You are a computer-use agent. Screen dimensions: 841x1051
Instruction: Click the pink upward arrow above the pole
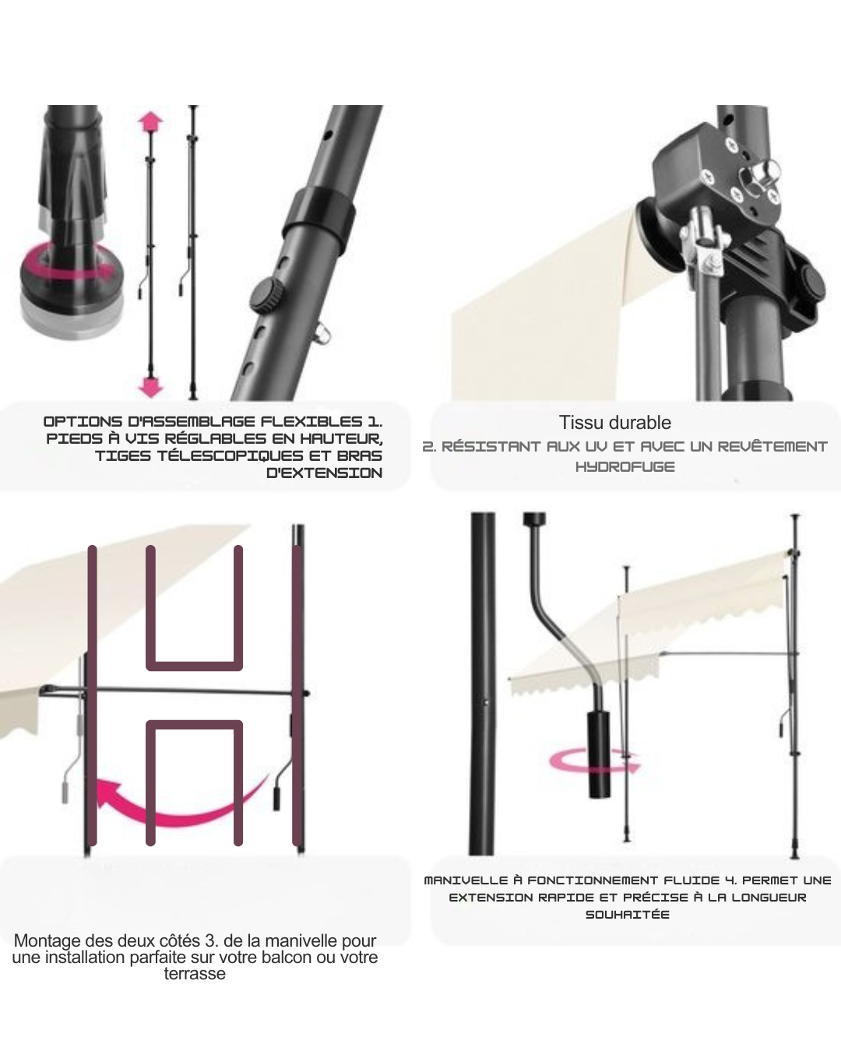[150, 121]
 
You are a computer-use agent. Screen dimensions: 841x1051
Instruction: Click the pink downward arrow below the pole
[150, 387]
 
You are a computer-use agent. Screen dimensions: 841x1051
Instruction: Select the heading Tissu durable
[614, 423]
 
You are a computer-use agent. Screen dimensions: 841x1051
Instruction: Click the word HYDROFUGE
[625, 467]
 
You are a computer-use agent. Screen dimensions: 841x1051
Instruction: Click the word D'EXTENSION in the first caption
[325, 473]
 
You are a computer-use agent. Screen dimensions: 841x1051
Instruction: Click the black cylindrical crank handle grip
[599, 754]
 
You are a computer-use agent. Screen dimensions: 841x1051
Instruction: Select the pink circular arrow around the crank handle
[594, 763]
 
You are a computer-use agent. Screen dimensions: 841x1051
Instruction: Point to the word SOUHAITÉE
[628, 914]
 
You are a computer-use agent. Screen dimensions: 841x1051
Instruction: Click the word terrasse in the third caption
[195, 973]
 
